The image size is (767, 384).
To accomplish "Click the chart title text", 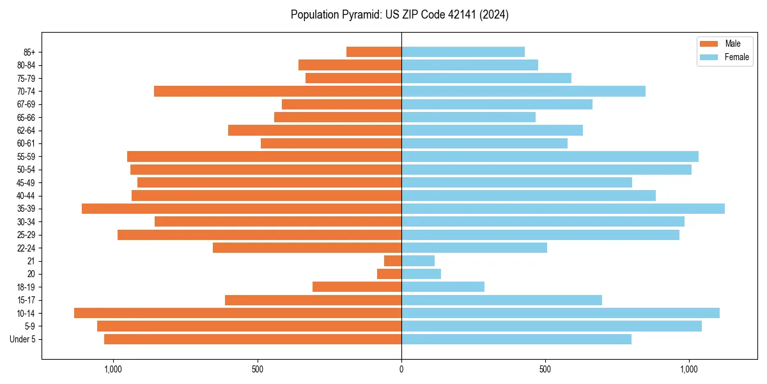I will click(399, 15).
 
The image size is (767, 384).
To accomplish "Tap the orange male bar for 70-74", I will click(277, 92).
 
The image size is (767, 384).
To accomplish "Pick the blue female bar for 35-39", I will click(562, 209).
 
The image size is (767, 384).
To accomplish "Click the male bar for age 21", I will click(392, 261).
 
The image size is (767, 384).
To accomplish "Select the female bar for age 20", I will click(421, 274).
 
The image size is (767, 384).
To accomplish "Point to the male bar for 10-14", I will click(238, 313).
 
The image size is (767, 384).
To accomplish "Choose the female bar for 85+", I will click(463, 52).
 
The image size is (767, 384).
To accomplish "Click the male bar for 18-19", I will click(357, 287).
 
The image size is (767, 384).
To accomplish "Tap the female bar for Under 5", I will click(516, 339).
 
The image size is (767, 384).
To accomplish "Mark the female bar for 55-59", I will click(550, 157).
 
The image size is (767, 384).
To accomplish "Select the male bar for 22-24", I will click(307, 248).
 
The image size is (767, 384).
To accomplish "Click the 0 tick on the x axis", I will click(401, 369).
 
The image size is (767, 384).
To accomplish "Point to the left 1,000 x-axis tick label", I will click(112, 369).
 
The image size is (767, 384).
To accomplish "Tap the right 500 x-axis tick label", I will click(545, 369).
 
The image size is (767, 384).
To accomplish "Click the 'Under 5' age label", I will click(22, 339).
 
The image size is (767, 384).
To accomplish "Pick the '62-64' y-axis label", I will click(26, 131).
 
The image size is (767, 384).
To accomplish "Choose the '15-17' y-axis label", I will click(26, 300).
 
